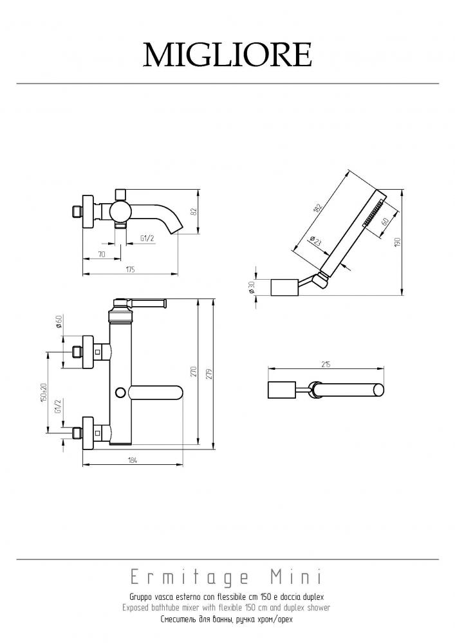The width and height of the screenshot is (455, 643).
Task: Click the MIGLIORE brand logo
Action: point(227,55)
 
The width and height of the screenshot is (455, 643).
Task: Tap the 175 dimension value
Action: point(130,269)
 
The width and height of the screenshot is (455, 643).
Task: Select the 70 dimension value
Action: point(102,254)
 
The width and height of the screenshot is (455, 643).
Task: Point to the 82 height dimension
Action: point(194,212)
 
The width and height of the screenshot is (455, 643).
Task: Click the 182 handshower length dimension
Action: point(317,206)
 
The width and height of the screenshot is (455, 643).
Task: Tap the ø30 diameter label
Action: point(252,287)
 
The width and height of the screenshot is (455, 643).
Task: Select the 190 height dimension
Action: point(396,242)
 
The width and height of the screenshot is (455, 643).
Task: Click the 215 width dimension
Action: point(326,364)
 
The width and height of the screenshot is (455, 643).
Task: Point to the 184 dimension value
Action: point(132,460)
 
